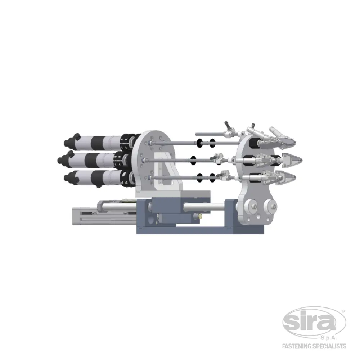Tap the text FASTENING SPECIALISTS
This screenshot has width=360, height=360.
(x=314, y=346)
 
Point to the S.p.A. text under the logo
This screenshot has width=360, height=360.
(x=329, y=338)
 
